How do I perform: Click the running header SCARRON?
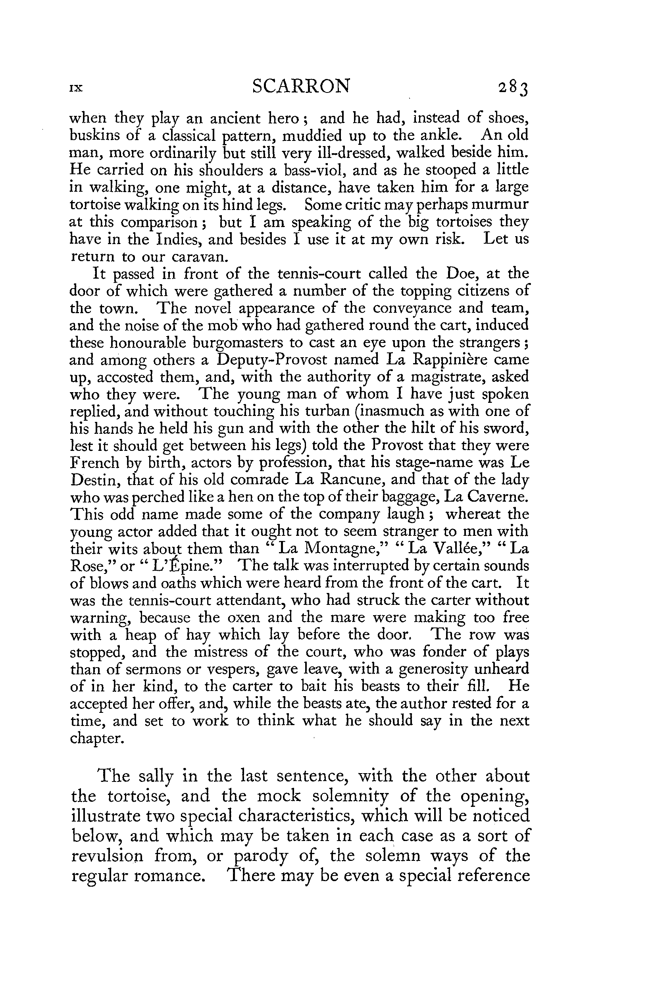pos(301,86)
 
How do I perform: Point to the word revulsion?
pos(108,855)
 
